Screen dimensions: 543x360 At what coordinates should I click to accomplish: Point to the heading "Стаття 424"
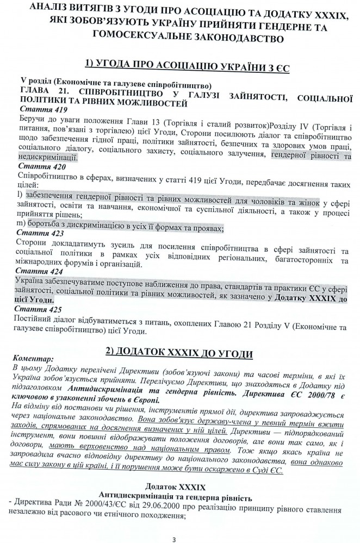38,270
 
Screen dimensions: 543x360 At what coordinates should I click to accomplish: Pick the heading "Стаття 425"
37,309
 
